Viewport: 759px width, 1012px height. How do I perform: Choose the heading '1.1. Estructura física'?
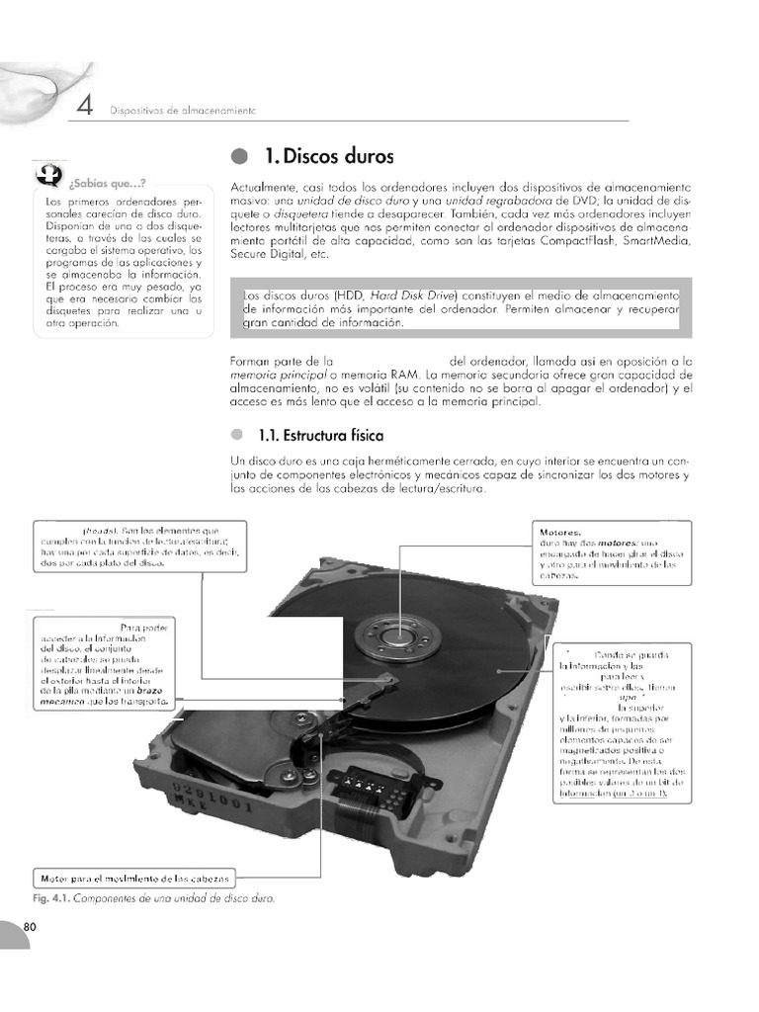pyautogui.click(x=320, y=435)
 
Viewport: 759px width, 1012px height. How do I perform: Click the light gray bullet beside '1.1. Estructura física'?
pyautogui.click(x=236, y=435)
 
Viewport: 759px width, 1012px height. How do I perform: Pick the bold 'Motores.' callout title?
pyautogui.click(x=560, y=532)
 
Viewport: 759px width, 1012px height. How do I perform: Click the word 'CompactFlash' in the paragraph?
pyautogui.click(x=534, y=240)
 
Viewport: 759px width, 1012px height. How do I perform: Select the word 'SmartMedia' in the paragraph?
pyautogui.click(x=617, y=240)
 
